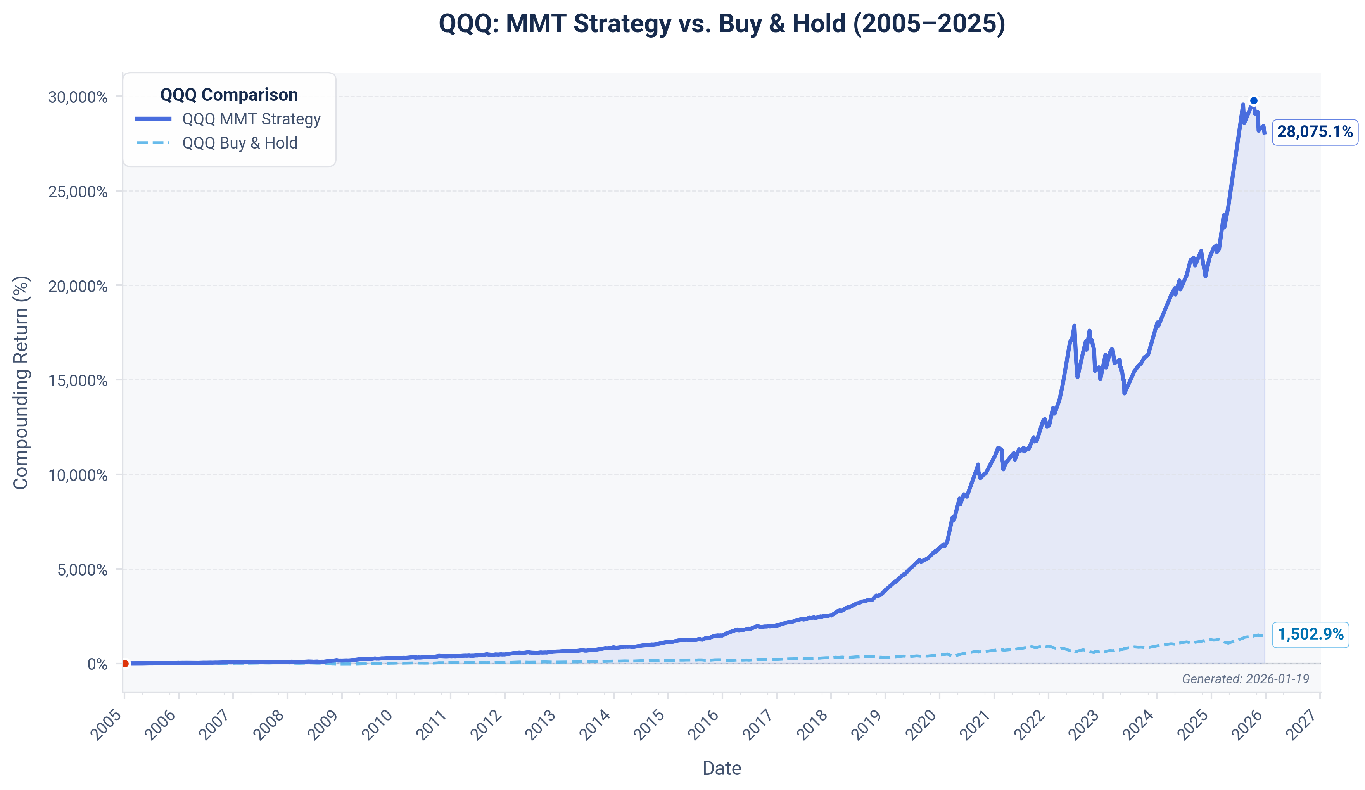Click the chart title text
tap(722, 24)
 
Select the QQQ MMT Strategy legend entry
tap(251, 119)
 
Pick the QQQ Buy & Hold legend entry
tap(239, 143)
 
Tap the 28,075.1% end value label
tap(1314, 132)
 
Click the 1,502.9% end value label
tap(1310, 634)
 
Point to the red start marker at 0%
tap(125, 664)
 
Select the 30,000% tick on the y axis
tap(78, 97)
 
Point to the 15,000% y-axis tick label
tap(78, 381)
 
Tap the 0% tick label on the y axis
tap(97, 664)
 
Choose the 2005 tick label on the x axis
tap(106, 725)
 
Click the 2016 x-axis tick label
tap(703, 725)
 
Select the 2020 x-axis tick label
tap(921, 725)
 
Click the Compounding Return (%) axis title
tap(21, 382)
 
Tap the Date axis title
tap(722, 768)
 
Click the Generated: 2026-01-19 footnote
tap(1245, 679)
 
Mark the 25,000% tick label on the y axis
tap(78, 192)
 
